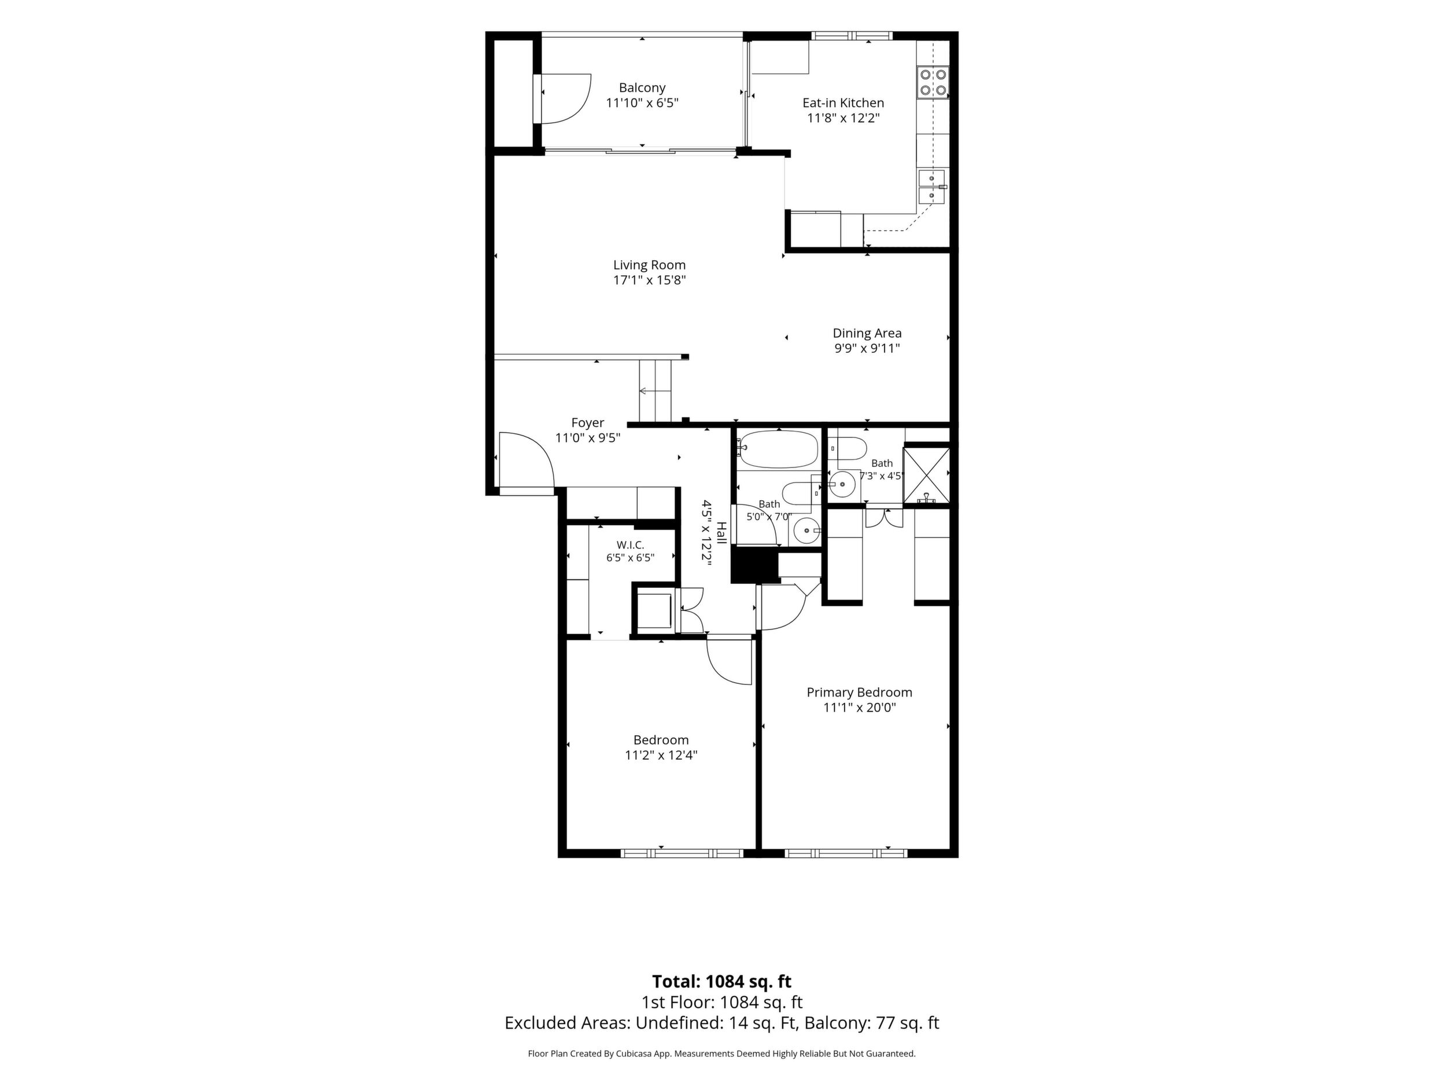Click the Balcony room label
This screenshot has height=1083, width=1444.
(642, 87)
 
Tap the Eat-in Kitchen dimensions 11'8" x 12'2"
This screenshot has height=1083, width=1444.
(843, 118)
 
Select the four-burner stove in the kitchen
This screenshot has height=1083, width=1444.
(933, 83)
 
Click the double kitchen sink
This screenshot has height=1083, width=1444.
(931, 187)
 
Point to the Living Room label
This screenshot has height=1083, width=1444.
(649, 265)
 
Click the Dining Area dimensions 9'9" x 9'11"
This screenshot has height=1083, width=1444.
(867, 349)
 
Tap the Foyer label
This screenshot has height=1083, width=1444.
(588, 423)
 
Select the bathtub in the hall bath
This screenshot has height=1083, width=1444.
(778, 449)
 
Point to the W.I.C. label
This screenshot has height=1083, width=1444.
(630, 545)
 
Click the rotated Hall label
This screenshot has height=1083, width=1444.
(721, 533)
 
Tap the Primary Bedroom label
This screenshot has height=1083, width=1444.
(859, 692)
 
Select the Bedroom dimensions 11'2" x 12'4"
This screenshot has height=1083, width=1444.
(661, 756)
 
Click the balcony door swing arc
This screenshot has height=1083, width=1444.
(563, 98)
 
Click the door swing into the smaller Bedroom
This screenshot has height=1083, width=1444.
(730, 661)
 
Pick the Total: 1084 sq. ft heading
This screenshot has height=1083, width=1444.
(721, 981)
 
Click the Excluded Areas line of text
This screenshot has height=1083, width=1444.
(721, 1022)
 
